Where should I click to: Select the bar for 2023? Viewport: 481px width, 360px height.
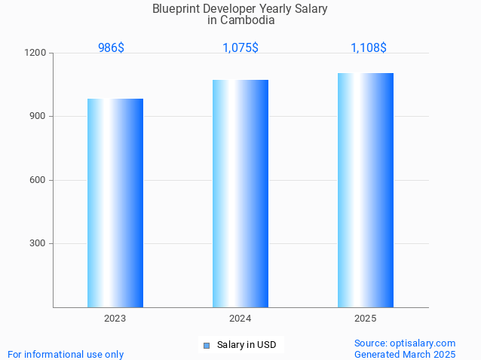pos(115,203)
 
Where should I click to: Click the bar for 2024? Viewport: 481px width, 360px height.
pos(240,194)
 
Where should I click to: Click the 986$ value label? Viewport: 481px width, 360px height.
pos(111,47)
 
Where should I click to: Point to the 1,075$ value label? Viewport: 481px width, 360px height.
pos(240,47)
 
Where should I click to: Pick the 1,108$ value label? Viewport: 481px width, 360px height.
pos(369,47)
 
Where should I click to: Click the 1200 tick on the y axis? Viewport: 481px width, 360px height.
pos(36,53)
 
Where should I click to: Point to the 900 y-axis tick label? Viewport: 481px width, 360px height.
pos(38,117)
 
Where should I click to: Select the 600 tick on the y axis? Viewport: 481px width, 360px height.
pos(38,180)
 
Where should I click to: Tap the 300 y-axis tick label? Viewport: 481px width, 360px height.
pos(38,243)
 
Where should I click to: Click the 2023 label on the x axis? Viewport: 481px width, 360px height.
pos(115,319)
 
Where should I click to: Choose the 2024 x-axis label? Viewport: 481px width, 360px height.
pos(240,319)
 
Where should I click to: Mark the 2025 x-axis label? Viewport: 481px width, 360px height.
pos(366,319)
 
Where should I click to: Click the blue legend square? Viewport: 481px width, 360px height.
pos(206,346)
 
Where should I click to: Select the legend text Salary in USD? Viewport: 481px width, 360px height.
pos(247,345)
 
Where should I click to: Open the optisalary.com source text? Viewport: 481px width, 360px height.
pos(405,343)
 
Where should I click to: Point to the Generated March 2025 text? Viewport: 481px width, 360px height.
pos(405,354)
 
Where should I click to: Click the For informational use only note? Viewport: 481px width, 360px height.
pos(66,354)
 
